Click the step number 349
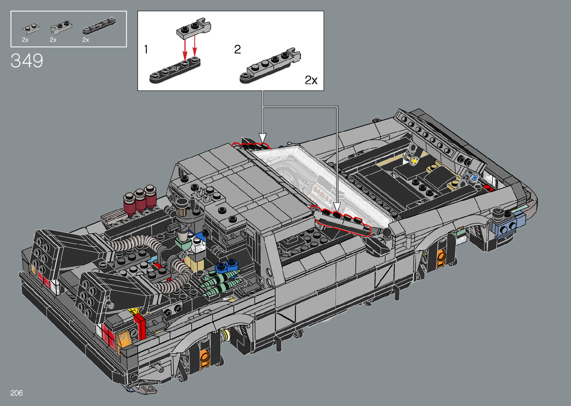tap(27, 61)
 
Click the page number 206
tap(16, 393)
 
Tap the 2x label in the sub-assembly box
tap(311, 80)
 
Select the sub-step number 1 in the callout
tap(146, 49)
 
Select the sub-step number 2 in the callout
tap(237, 49)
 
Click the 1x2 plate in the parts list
tap(31, 29)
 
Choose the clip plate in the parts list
tap(61, 28)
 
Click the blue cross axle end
tap(475, 177)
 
